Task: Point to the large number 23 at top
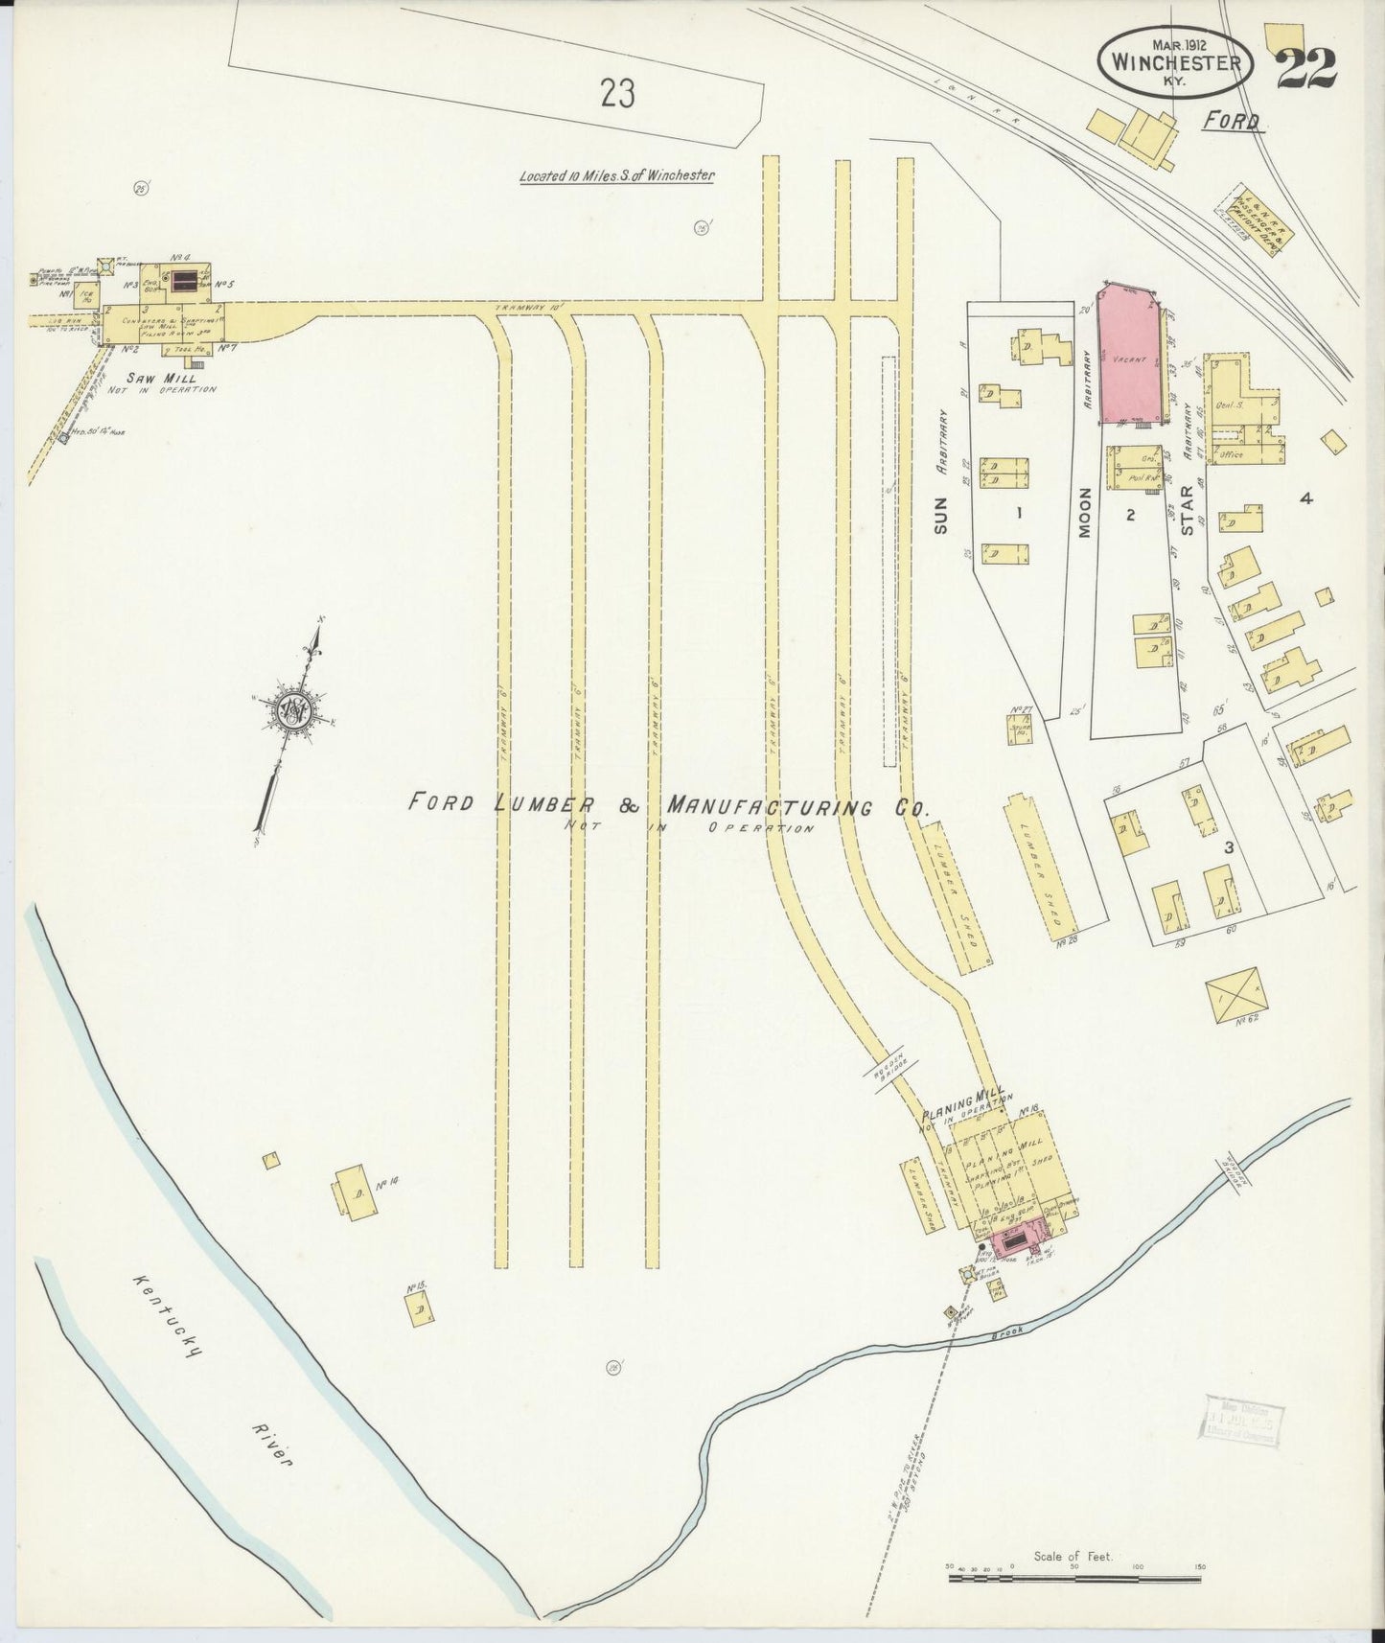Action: pos(618,94)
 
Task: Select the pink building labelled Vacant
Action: pos(1134,358)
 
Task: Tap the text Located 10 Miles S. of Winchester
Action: pos(617,176)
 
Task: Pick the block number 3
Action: pos(1227,847)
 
